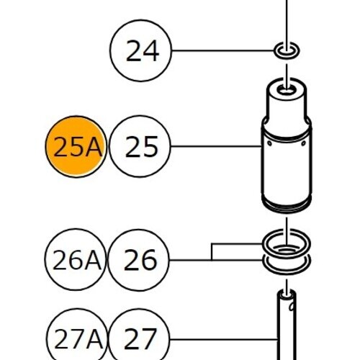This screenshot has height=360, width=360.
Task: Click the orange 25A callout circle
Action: click(x=76, y=147)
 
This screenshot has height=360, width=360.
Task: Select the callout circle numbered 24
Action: click(x=141, y=50)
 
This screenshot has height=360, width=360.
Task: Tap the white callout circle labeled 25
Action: click(x=140, y=146)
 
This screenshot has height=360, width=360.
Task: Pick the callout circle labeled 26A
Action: click(x=76, y=259)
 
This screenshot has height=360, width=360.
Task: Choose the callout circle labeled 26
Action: click(x=139, y=260)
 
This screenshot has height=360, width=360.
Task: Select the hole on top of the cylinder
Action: click(x=287, y=91)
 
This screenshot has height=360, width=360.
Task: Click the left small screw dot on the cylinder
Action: click(x=269, y=143)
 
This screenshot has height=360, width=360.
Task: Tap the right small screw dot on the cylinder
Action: click(x=303, y=143)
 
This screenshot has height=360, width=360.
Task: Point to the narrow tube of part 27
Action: click(x=287, y=326)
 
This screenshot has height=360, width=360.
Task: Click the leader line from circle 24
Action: click(x=222, y=50)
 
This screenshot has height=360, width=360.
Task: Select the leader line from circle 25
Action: click(x=216, y=146)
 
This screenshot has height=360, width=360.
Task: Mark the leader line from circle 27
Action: click(x=224, y=339)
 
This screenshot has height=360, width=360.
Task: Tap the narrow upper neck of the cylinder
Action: click(x=287, y=103)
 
